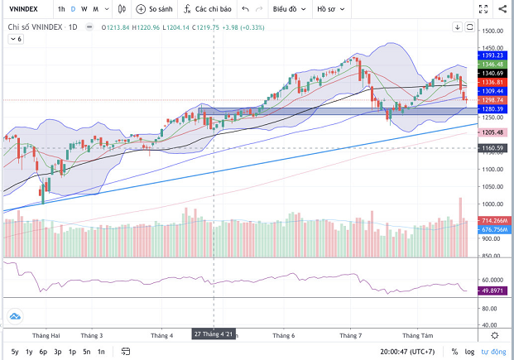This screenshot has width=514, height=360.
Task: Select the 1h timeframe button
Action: pos(61,9)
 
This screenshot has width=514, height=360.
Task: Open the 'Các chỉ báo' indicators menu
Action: pos(203,9)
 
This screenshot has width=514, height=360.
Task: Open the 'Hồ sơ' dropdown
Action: pos(330,9)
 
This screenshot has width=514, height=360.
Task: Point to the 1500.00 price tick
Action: pos(493,31)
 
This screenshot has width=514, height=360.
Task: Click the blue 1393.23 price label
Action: pos(494,55)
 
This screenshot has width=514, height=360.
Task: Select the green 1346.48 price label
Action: pos(494,64)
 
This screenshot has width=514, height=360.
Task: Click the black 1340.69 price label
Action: pos(494,73)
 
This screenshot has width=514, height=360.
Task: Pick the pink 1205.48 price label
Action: pos(494,132)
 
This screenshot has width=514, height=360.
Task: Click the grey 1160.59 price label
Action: pos(494,148)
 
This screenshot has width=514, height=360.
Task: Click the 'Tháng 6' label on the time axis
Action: pos(283,335)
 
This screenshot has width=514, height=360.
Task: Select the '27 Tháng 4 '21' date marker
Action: pos(214,334)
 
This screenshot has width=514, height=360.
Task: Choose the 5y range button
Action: pos(15,352)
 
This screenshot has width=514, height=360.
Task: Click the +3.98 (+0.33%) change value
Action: pos(243,27)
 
